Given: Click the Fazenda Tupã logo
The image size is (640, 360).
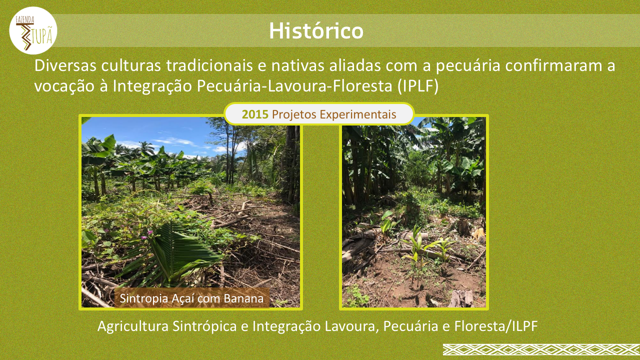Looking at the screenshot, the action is [x=33, y=30].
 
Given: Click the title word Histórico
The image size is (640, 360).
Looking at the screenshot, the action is [x=316, y=30].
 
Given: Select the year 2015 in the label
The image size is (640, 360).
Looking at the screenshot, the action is [x=255, y=114].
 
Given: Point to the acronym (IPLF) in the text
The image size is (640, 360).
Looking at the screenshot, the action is [x=417, y=86].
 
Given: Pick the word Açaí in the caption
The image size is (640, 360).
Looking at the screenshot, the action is [x=183, y=298].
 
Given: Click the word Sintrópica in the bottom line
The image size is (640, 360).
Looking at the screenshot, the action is [x=204, y=326].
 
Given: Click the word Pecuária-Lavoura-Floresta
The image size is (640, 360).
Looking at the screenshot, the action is [x=294, y=86].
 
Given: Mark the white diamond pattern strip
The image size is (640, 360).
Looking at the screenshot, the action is [x=541, y=349].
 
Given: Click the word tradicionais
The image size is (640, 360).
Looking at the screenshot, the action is [x=209, y=65].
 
